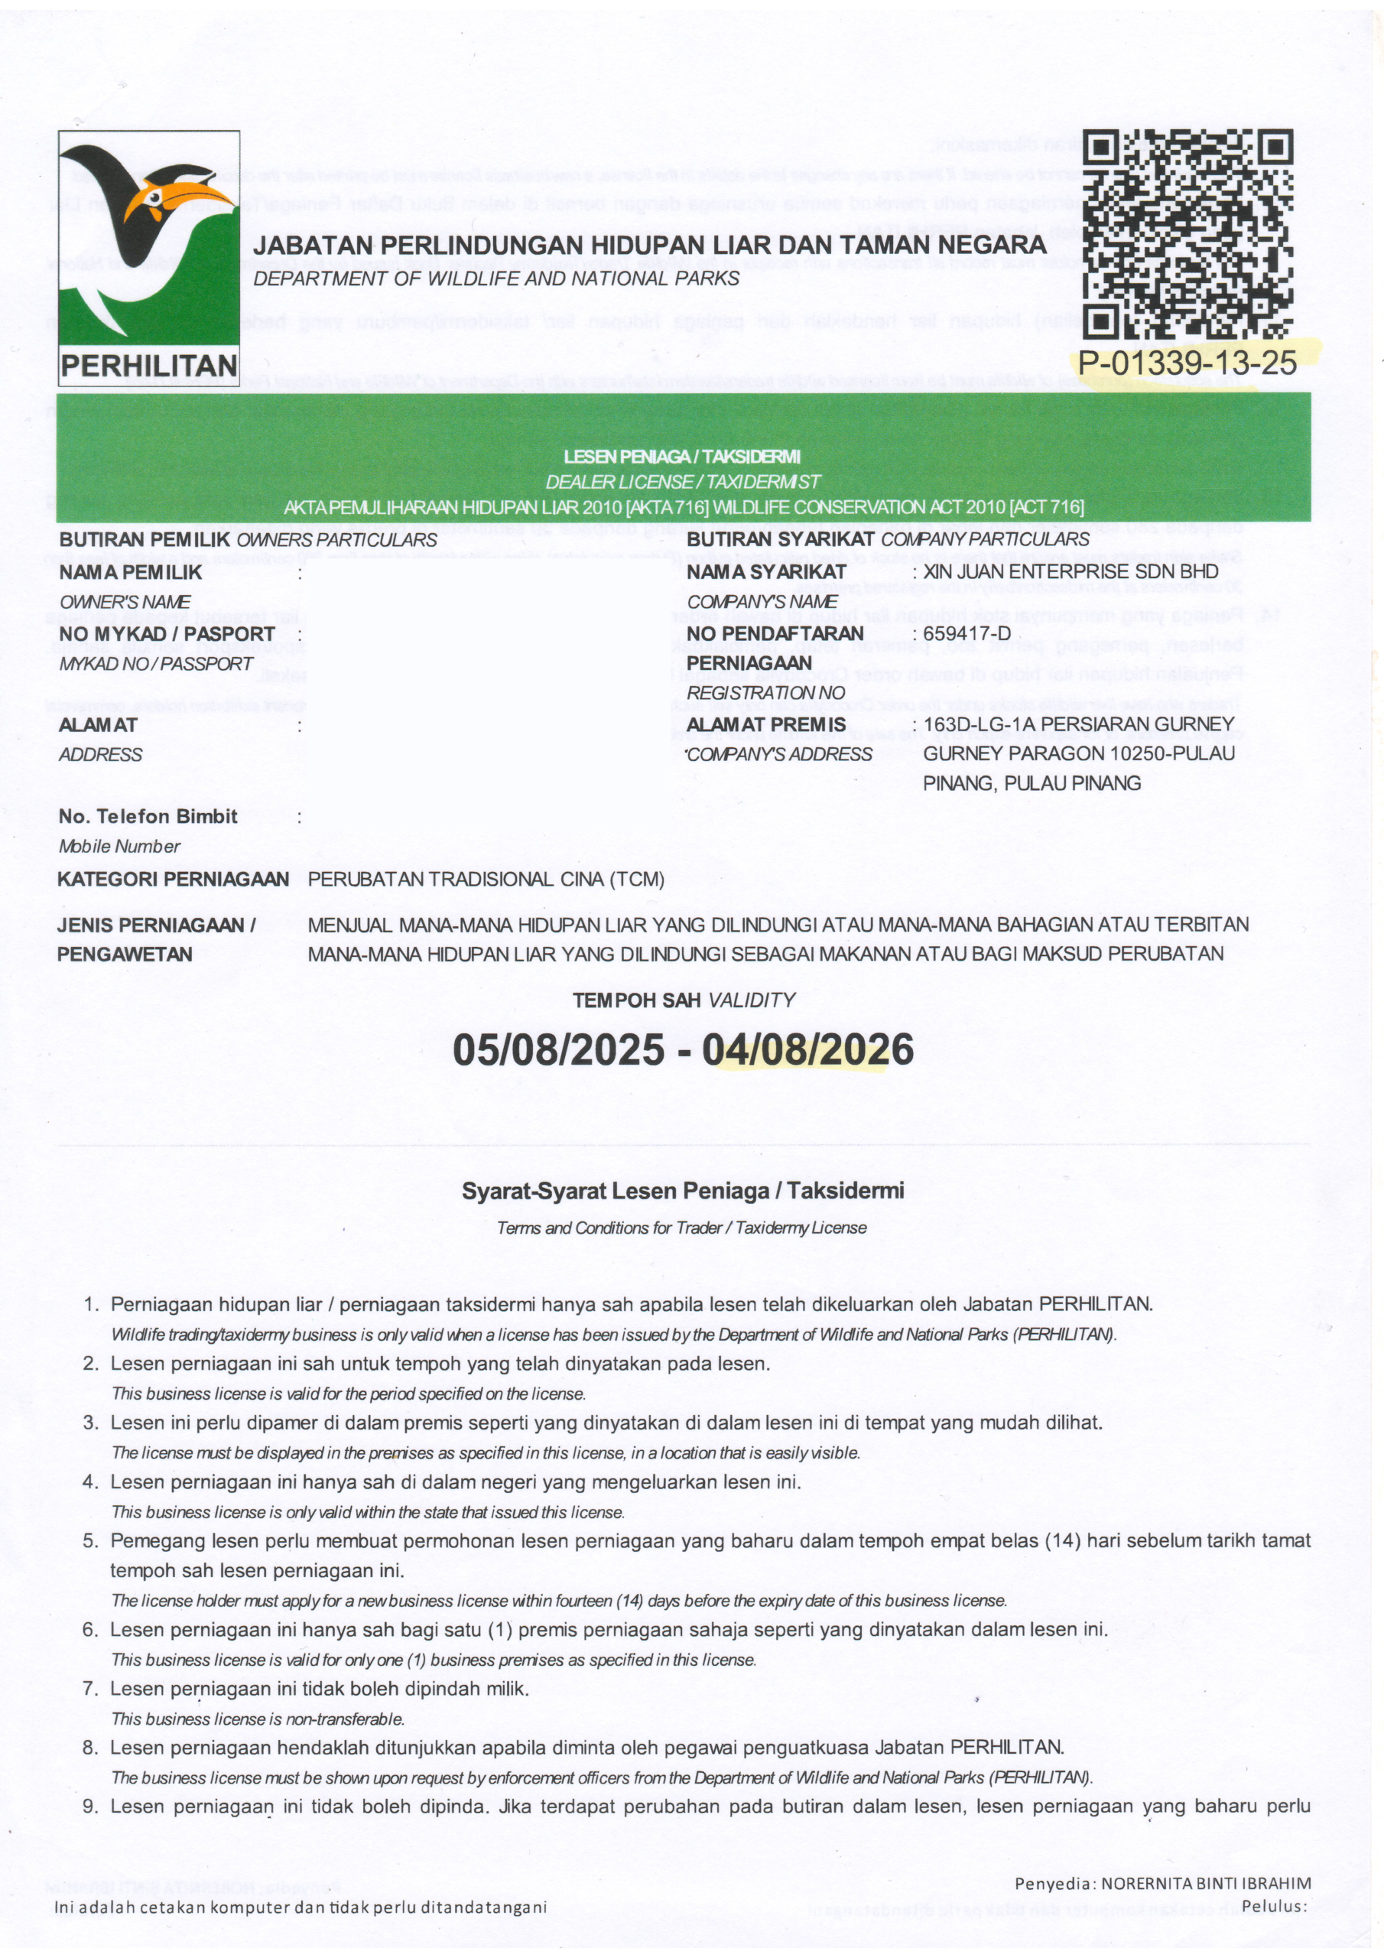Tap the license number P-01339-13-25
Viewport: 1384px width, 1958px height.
click(1187, 363)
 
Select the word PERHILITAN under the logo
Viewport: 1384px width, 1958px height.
click(148, 366)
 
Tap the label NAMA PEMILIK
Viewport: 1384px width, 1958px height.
click(131, 572)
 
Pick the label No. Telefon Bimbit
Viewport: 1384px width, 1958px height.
click(148, 816)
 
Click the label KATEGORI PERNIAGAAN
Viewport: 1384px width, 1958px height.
click(173, 880)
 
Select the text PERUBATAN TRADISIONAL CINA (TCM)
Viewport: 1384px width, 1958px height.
click(486, 880)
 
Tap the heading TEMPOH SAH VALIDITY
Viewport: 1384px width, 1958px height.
click(684, 1000)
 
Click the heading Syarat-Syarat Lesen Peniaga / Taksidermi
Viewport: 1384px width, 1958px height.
click(682, 1191)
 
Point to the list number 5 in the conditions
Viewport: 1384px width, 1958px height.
click(90, 1541)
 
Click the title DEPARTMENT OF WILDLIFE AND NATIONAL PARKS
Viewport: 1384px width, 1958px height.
click(496, 279)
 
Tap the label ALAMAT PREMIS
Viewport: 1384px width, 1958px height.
click(765, 725)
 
